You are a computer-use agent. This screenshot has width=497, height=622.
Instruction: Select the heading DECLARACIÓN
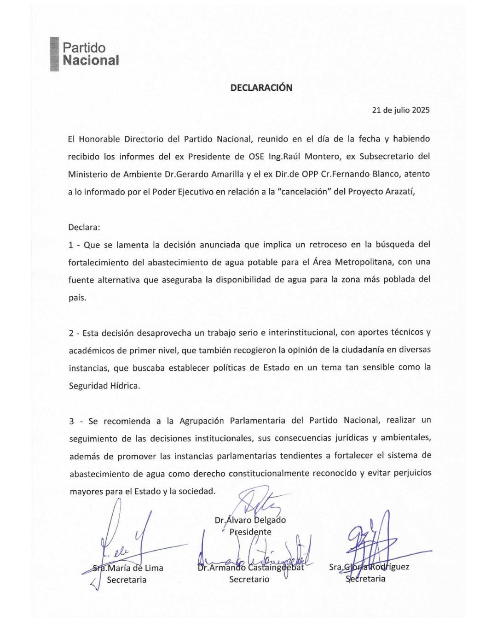pyautogui.click(x=261, y=88)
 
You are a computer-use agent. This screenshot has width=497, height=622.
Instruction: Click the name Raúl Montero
pyautogui.click(x=311, y=156)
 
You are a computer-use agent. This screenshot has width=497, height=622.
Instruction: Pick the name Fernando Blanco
pyautogui.click(x=359, y=174)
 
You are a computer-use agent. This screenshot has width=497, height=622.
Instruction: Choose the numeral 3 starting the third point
pyautogui.click(x=72, y=420)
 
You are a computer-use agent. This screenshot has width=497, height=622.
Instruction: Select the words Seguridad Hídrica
pyautogui.click(x=104, y=385)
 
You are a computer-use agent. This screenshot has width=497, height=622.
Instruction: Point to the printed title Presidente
pyautogui.click(x=251, y=532)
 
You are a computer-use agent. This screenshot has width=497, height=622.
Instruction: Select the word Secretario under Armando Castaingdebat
pyautogui.click(x=249, y=579)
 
